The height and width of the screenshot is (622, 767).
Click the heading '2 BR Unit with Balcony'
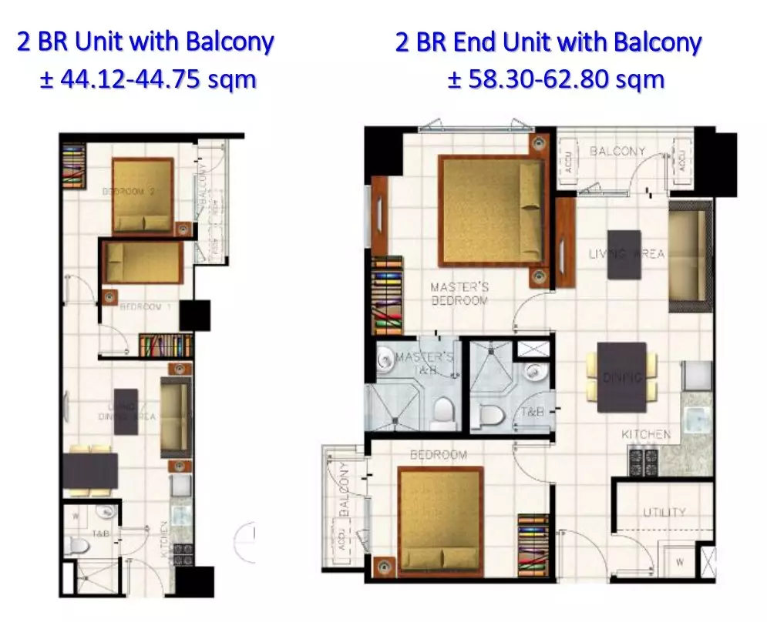click(145, 42)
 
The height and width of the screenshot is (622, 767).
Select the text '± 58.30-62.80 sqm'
click(556, 79)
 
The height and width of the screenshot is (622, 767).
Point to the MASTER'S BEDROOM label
click(459, 293)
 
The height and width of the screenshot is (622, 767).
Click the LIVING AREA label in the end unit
click(626, 254)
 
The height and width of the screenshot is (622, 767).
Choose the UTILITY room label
click(664, 512)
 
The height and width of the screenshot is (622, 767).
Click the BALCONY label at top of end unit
click(617, 151)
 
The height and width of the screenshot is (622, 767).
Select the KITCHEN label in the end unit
click(646, 435)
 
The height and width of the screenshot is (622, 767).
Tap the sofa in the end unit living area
click(687, 256)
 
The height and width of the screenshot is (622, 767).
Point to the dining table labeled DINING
click(621, 377)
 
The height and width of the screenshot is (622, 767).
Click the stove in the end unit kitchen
click(644, 461)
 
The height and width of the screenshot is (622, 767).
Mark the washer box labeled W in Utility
click(678, 561)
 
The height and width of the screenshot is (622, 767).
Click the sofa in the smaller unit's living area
click(175, 416)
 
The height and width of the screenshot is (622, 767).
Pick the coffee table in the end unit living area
click(624, 254)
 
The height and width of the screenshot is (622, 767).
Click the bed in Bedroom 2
click(143, 196)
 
